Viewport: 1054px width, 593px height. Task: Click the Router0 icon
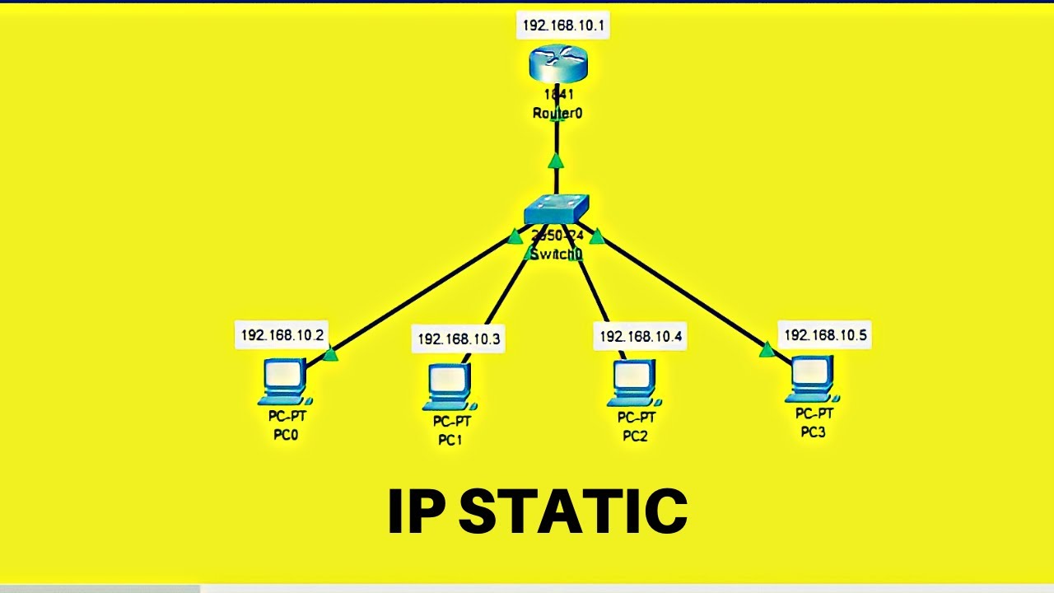click(x=557, y=64)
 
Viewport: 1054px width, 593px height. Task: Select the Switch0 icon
click(x=557, y=209)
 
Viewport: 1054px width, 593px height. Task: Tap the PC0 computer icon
click(x=285, y=381)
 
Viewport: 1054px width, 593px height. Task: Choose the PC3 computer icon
click(x=812, y=379)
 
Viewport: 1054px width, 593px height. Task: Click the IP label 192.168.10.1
click(x=564, y=26)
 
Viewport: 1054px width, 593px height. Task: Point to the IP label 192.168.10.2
click(x=282, y=335)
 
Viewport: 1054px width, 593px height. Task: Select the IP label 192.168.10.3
click(x=459, y=339)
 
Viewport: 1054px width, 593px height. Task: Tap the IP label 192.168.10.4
click(x=641, y=336)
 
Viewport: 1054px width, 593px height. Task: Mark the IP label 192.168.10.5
click(x=825, y=335)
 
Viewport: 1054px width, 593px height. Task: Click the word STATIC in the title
click(x=572, y=511)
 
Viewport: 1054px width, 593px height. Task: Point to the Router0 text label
click(x=557, y=114)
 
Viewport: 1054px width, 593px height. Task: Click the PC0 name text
click(x=286, y=435)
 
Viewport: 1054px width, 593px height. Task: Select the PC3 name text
click(x=813, y=432)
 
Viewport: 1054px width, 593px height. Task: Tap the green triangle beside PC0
click(x=330, y=354)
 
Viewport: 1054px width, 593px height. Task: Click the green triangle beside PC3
click(x=767, y=350)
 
